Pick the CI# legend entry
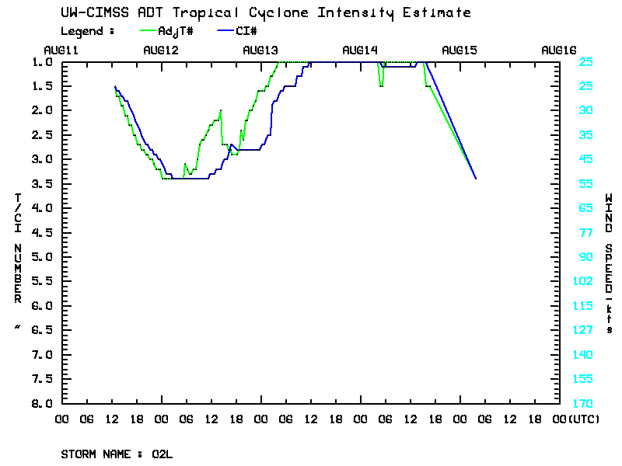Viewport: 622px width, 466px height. (246, 31)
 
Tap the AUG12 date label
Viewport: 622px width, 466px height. (162, 50)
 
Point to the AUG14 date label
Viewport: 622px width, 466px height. (360, 50)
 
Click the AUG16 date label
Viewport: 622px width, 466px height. (558, 50)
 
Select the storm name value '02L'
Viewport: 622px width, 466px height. (162, 454)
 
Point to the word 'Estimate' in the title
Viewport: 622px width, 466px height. (443, 12)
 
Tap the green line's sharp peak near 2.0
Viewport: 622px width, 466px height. (221, 110)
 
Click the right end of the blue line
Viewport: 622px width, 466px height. (475, 179)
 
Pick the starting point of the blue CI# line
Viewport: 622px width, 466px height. (115, 86)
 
